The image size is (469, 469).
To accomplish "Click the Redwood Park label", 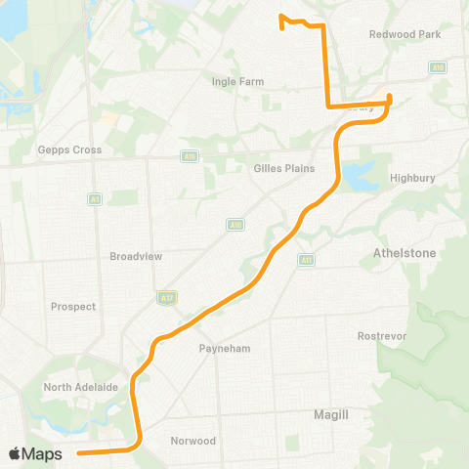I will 405,34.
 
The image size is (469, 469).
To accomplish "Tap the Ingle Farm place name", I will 233,81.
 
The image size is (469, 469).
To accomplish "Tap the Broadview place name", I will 135,256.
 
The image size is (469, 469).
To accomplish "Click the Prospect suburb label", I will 73,306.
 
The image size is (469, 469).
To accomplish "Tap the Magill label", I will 332,414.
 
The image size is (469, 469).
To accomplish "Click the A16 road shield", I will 190,156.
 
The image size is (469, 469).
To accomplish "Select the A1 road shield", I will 95,198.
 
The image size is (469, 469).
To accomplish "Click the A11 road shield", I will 306,260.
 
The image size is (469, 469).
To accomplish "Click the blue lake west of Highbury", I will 355,177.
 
